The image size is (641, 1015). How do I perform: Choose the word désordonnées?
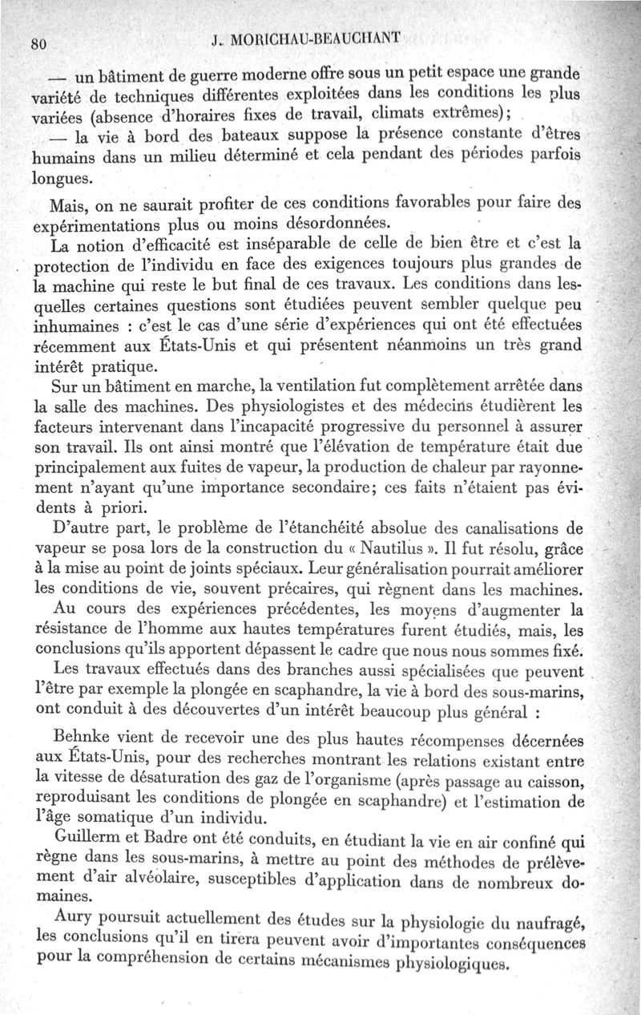pyautogui.click(x=337, y=220)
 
